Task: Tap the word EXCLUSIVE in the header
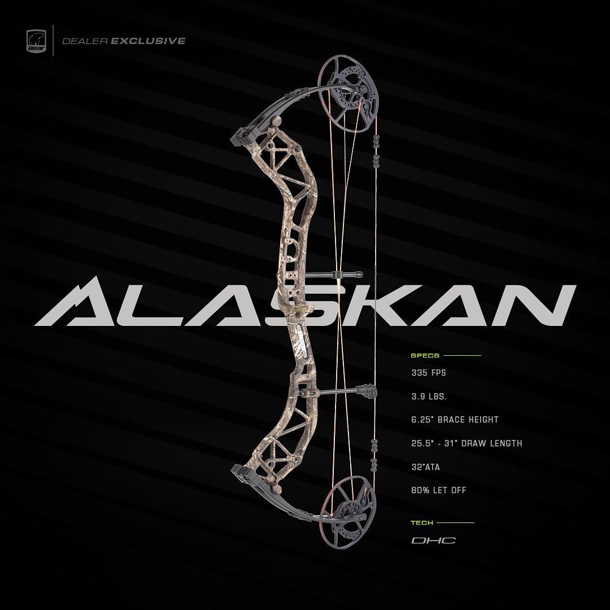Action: tap(148, 41)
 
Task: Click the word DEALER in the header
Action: tap(85, 41)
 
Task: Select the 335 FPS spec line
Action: tap(429, 373)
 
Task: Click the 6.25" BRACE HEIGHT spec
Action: tap(455, 420)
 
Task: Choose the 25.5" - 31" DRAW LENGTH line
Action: tap(467, 443)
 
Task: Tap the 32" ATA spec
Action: tap(426, 467)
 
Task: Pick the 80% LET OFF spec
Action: tap(439, 490)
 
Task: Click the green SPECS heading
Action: tap(425, 355)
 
